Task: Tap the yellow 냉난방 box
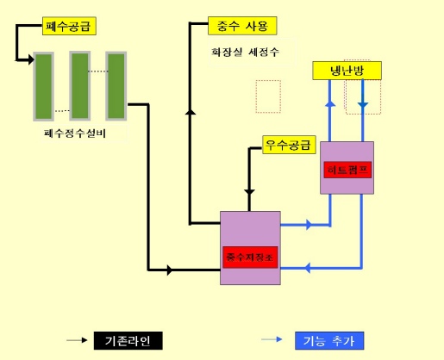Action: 346,71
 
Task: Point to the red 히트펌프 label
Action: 347,167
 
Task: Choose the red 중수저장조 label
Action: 250,256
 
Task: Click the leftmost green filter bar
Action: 43,88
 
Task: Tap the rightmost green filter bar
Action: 116,86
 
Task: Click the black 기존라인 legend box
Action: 127,340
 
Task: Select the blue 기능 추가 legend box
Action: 328,340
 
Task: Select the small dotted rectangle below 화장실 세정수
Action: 268,96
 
